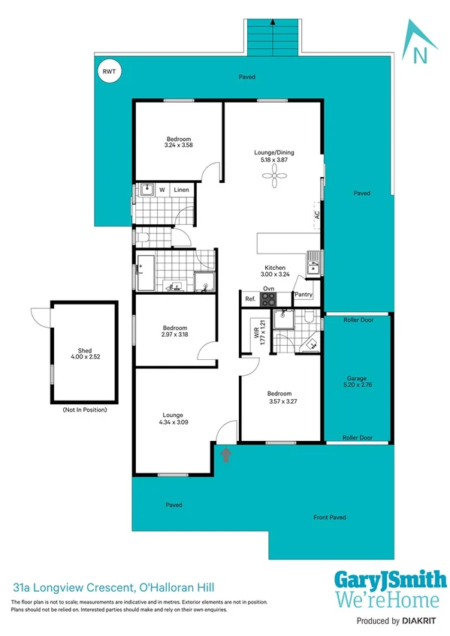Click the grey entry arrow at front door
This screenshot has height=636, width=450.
(x=226, y=453)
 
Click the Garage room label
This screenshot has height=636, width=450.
(x=357, y=379)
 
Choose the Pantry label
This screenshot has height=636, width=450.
(x=303, y=295)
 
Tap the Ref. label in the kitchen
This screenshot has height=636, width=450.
(x=250, y=299)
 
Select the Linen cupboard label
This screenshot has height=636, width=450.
(x=182, y=190)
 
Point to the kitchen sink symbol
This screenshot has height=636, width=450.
(x=313, y=264)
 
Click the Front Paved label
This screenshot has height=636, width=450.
(x=330, y=517)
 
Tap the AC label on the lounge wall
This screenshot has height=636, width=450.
(x=318, y=214)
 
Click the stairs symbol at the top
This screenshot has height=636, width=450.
(x=273, y=34)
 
